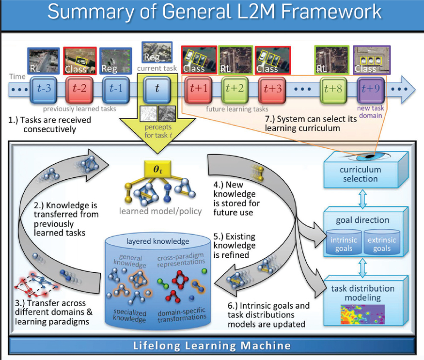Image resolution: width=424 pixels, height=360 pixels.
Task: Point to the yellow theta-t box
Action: [158, 169]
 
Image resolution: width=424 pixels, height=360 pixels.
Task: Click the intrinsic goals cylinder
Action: [344, 242]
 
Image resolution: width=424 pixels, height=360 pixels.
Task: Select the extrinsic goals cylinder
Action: [382, 242]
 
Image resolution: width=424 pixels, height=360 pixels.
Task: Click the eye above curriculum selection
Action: [368, 157]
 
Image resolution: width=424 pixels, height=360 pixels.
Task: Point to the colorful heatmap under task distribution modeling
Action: [362, 314]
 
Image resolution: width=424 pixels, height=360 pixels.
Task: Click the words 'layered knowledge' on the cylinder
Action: [157, 241]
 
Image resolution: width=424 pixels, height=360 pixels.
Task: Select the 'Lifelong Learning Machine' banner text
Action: [212, 345]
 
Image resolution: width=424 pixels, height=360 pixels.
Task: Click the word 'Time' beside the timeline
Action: [17, 77]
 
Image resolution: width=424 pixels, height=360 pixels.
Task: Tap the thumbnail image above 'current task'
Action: [157, 52]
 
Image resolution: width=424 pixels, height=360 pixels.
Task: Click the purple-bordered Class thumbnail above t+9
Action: [372, 60]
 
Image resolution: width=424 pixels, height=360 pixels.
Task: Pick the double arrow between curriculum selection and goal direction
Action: [362, 198]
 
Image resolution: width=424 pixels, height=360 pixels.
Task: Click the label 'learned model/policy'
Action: [160, 211]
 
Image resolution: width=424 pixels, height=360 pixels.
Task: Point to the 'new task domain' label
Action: [371, 112]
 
